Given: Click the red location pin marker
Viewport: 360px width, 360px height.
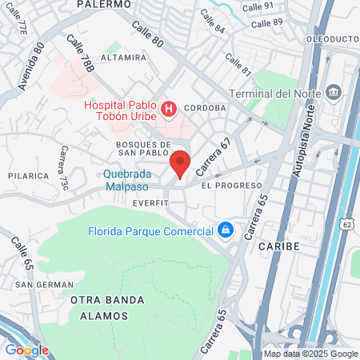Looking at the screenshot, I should (180, 162).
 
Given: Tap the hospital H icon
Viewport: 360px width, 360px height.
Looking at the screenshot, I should (169, 108).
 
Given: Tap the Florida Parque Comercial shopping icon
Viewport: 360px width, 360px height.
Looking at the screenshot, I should (226, 231).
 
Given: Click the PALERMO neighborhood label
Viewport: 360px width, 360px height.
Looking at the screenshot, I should (104, 4).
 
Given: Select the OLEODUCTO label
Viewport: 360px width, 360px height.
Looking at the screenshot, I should (331, 38).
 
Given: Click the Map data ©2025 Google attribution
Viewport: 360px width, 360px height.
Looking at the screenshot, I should (311, 354).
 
